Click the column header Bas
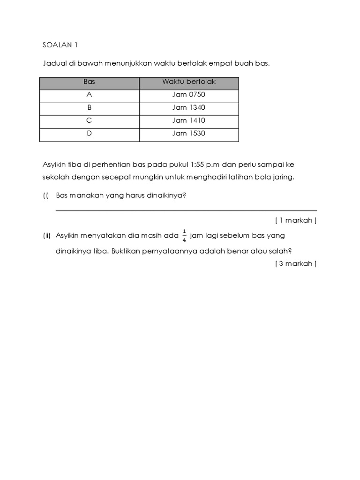pos(89,82)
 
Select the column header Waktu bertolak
pos(189,82)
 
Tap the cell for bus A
pos(89,95)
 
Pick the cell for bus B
pos(89,107)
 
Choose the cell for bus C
pos(89,120)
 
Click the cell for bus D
pos(89,134)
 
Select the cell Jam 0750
pos(189,95)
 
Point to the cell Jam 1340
pos(189,107)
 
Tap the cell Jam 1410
pos(189,120)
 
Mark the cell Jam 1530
pos(189,134)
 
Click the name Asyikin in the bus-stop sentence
pos(53,165)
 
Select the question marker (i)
pos(46,195)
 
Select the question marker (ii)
pos(46,235)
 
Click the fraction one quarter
pos(185,235)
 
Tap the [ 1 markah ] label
pos(296,220)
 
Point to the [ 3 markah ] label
pos(296,263)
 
